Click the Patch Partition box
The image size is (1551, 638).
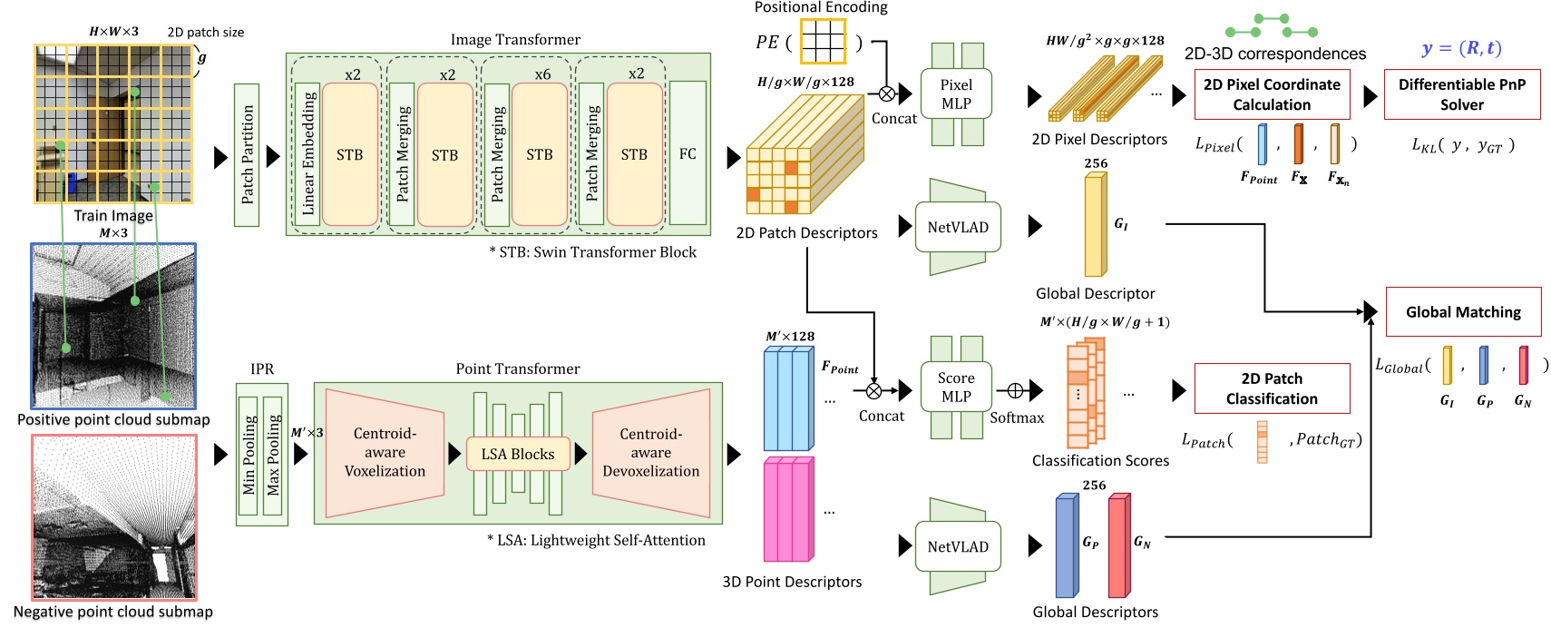[247, 155]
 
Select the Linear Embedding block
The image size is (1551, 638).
[307, 154]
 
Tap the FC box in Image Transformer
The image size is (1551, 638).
[688, 153]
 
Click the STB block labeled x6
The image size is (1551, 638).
[540, 154]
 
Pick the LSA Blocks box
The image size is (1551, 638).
[518, 454]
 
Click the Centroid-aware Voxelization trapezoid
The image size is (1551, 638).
[385, 453]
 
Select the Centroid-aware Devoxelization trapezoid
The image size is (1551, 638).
[651, 453]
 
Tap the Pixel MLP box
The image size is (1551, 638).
[956, 94]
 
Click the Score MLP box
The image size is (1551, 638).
[956, 387]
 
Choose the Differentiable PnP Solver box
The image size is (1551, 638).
[1461, 94]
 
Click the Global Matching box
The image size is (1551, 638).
[1462, 312]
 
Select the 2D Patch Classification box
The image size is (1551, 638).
[1271, 388]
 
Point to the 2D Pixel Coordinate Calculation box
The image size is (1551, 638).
[1271, 94]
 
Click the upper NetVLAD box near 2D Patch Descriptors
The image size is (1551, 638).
[958, 227]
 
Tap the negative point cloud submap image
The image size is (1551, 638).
[114, 517]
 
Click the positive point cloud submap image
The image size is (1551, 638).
[113, 326]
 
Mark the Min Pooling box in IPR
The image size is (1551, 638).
[249, 456]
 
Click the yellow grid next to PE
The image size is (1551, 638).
[823, 41]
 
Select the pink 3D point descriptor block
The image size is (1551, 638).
[787, 510]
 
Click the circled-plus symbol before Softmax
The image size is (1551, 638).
[1015, 391]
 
